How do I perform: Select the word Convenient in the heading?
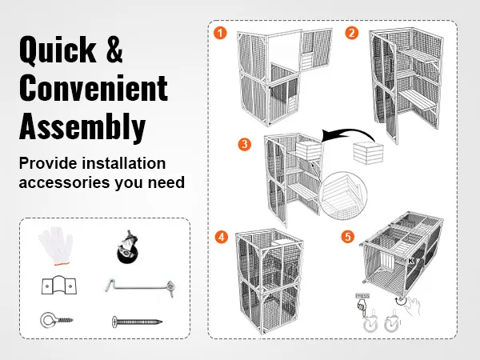click(x=93, y=88)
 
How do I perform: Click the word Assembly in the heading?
click(x=82, y=126)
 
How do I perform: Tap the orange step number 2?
click(x=351, y=34)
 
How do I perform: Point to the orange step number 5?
click(x=346, y=237)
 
